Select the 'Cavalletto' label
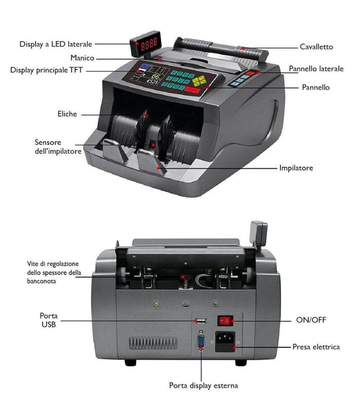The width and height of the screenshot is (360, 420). tap(316, 47)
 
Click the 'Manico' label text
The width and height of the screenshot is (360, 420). tap(82, 58)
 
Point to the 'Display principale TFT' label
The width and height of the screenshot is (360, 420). tap(46, 70)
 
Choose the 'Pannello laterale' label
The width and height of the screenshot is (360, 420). tap(316, 69)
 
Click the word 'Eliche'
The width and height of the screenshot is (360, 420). tap(67, 114)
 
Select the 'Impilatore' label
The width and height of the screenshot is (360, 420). tap(296, 168)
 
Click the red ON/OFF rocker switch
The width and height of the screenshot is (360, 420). tap(225, 321)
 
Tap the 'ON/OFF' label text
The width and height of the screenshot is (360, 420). tap(311, 320)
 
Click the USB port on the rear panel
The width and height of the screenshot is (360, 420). tap(200, 321)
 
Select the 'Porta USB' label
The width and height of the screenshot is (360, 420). tap(48, 320)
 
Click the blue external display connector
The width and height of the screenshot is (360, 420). tap(200, 343)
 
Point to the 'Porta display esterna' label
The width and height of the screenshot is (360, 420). tap(203, 385)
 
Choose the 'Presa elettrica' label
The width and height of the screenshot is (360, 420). tap(316, 347)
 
